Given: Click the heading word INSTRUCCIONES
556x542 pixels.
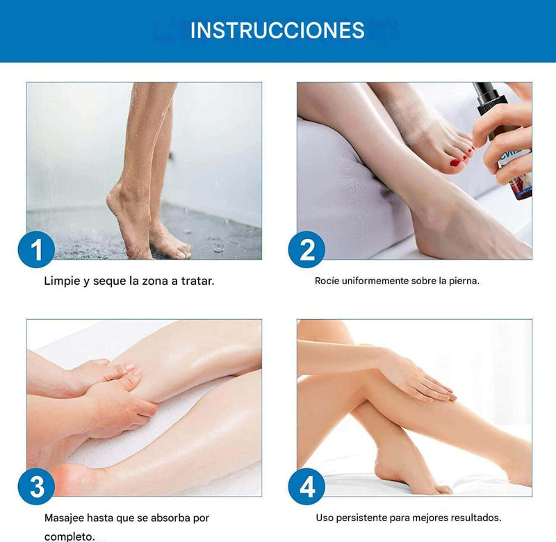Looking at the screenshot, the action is click(277, 31).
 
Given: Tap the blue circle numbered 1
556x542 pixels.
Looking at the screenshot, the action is click(36, 249).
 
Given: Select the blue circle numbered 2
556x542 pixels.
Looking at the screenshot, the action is click(306, 249).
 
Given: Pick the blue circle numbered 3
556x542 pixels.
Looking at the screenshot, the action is click(36, 486).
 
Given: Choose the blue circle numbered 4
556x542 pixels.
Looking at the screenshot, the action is click(306, 486).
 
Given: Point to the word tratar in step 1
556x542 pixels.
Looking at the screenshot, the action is click(197, 281).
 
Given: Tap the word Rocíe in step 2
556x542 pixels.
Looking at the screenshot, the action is click(327, 281).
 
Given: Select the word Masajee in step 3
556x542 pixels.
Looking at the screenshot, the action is click(64, 518).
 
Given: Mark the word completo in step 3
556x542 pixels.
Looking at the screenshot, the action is click(69, 536).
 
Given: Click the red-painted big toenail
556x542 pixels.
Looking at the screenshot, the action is click(455, 163).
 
